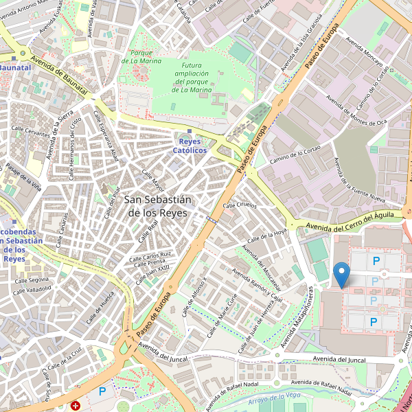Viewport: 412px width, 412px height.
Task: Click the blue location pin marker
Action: pyautogui.click(x=341, y=275)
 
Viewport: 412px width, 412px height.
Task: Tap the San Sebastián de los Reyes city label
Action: pyautogui.click(x=159, y=206)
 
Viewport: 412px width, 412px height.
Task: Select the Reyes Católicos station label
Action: pyautogui.click(x=190, y=145)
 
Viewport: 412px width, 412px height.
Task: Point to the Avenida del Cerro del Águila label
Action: pyautogui.click(x=350, y=221)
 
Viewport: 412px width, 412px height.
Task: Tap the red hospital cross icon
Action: pyautogui.click(x=76, y=406)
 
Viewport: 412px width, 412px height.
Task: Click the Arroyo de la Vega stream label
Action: pyautogui.click(x=275, y=398)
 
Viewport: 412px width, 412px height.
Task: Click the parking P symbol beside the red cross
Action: pyautogui.click(x=102, y=391)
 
